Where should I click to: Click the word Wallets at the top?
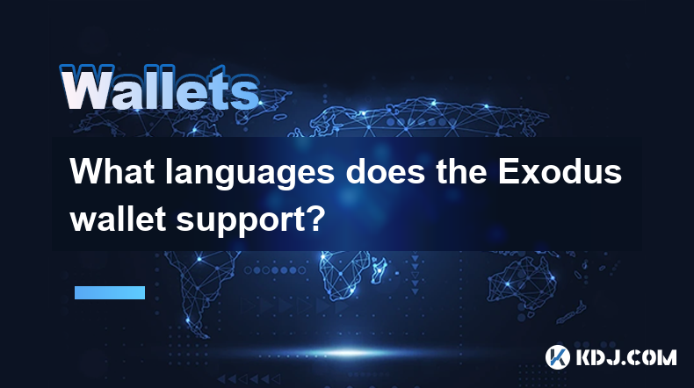160,88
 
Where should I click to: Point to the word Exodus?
560,171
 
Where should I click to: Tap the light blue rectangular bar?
110,292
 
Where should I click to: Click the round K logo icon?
557,357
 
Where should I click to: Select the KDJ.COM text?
625,357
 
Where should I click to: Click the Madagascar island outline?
379,269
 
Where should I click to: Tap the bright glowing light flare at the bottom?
350,353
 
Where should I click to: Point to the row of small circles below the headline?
275,269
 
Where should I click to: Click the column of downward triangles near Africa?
416,274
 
